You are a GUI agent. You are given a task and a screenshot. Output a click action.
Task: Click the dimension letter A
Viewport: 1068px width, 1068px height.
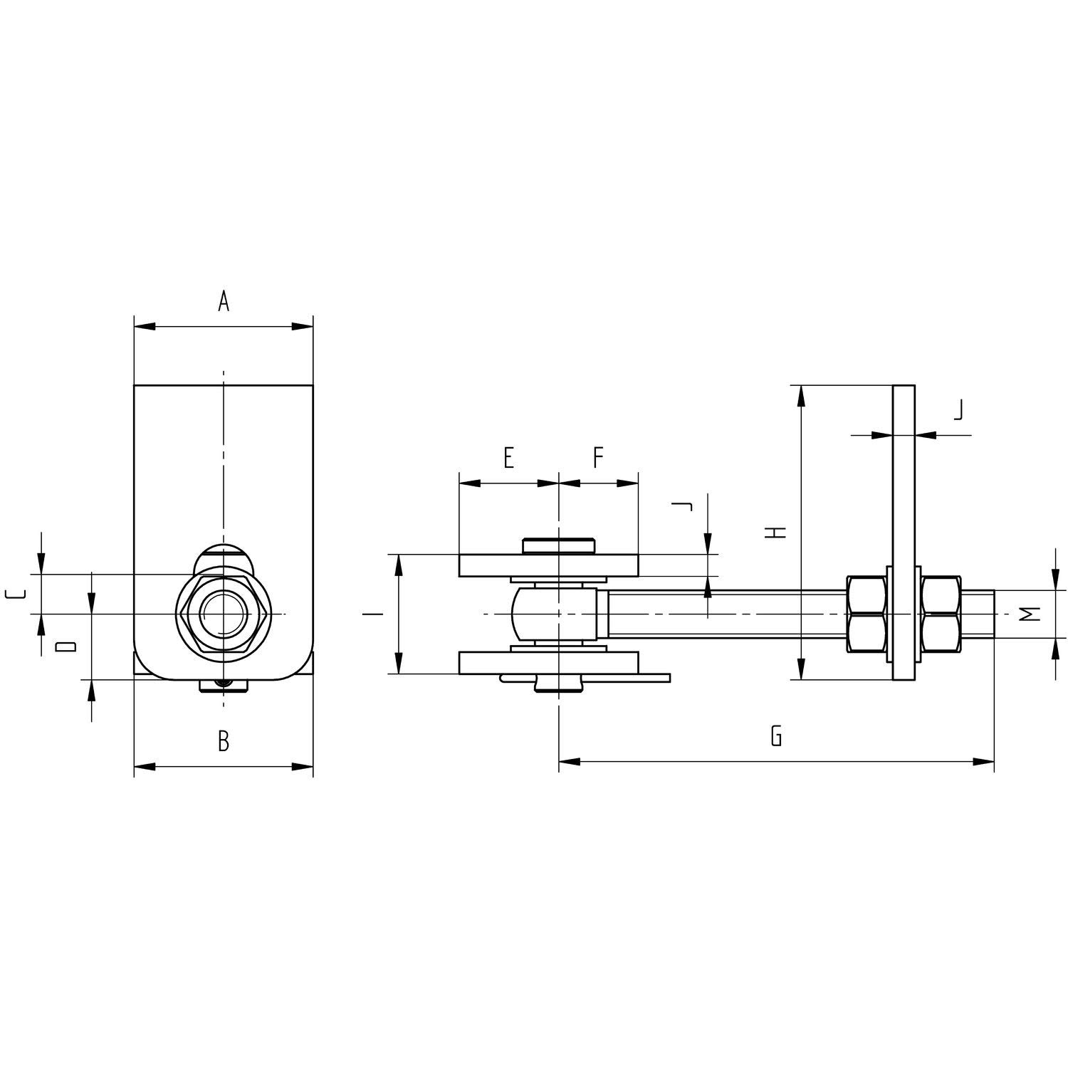[x=224, y=302]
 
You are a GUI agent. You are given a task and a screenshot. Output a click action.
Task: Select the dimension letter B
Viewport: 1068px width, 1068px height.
[x=224, y=742]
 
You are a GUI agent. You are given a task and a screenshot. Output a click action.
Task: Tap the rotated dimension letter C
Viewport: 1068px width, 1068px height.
[x=16, y=594]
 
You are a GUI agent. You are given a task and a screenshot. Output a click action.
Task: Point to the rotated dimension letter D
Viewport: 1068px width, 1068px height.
[x=66, y=646]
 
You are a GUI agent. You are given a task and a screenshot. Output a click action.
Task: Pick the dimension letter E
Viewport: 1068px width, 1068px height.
[x=508, y=458]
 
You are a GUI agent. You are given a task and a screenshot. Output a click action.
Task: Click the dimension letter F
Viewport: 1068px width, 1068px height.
[x=599, y=458]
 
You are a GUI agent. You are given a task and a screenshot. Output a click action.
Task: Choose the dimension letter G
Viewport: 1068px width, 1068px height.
[x=776, y=735]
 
